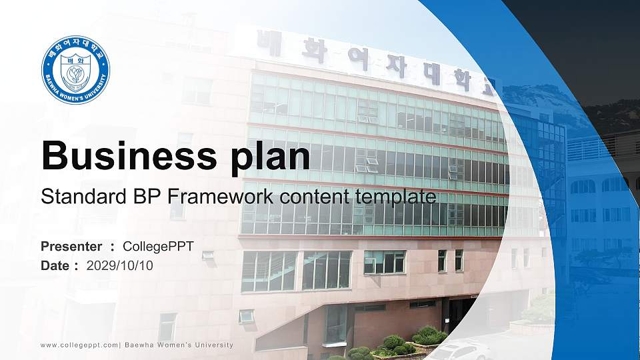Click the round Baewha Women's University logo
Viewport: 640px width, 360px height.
(75, 70)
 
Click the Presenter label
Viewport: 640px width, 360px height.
(71, 247)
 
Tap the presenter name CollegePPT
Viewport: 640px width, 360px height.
(159, 247)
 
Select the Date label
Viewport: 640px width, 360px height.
(56, 265)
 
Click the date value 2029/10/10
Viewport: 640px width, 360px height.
(120, 265)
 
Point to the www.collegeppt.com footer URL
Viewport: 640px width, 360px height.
(79, 345)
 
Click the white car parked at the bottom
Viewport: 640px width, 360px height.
(461, 351)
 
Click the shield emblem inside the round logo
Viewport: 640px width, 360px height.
(75, 70)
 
